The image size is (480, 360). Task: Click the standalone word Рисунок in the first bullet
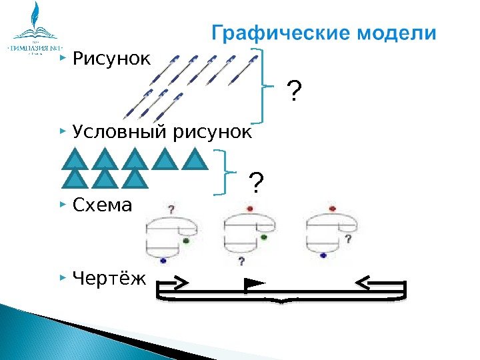[x=112, y=61]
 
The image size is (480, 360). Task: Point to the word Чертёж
[x=107, y=276]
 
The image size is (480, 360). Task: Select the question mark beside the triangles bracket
[x=256, y=181]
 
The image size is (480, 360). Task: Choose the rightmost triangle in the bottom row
[x=135, y=181]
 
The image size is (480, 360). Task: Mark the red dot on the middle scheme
[x=249, y=209]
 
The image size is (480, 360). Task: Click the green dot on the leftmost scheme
[x=187, y=241]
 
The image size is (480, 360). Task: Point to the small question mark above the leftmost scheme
[x=172, y=209]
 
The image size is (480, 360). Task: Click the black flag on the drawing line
[x=253, y=285]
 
